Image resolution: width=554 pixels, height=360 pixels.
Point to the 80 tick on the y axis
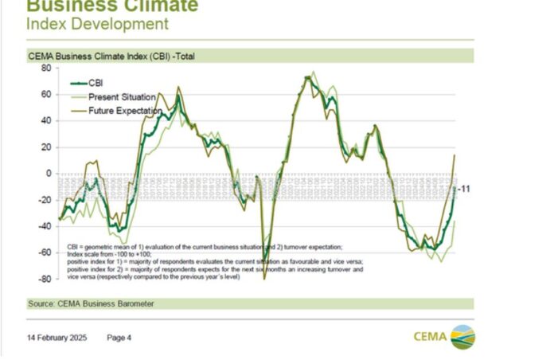click(x=45, y=68)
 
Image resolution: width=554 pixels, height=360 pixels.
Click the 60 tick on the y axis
click(x=45, y=95)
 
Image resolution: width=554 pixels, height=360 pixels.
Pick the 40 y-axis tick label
click(x=45, y=121)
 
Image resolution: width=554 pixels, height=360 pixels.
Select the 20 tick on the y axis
click(x=45, y=147)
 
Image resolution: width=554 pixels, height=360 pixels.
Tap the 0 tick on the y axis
click(x=48, y=174)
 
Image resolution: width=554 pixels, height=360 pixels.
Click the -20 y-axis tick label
click(x=44, y=200)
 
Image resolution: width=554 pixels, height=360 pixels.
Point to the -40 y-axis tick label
click(x=44, y=226)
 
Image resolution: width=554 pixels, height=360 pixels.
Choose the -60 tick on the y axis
click(x=44, y=252)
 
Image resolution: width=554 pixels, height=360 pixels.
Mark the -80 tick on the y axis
click(x=44, y=279)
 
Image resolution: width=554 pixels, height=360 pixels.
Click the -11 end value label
click(x=464, y=189)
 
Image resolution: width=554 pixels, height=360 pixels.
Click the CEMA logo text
click(x=430, y=335)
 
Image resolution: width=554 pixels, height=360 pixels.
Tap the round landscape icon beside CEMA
click(x=462, y=336)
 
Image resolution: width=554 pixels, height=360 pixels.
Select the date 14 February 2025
click(x=57, y=338)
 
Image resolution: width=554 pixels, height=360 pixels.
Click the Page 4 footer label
click(x=119, y=338)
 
